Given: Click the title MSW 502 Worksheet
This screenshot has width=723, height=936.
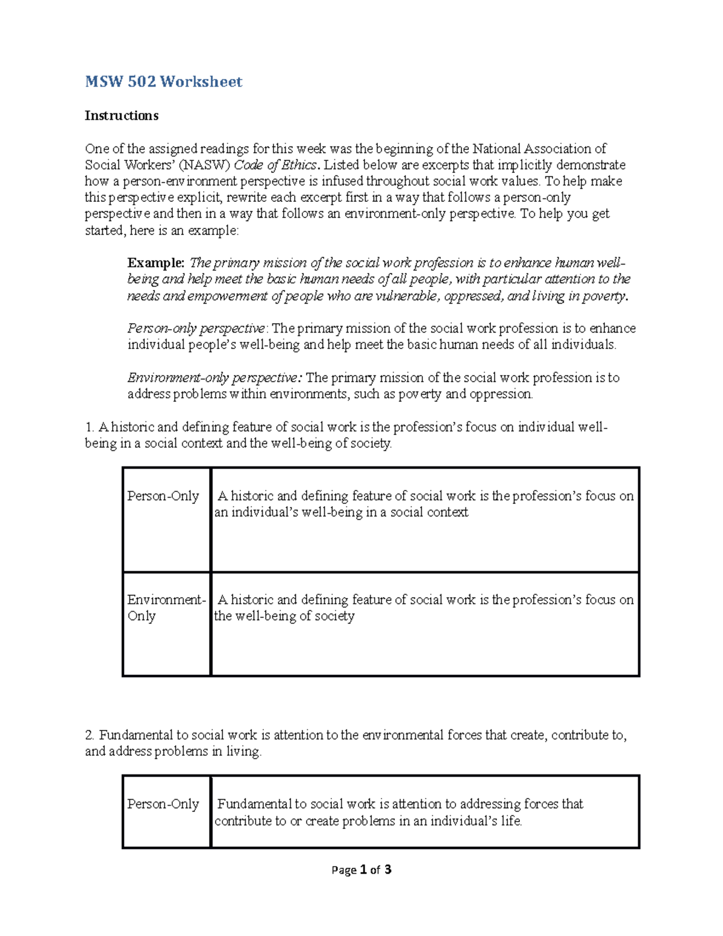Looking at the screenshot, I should coord(163,82).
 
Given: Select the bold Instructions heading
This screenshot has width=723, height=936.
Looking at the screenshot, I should coord(121,116).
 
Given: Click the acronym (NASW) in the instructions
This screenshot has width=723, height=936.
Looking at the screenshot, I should coord(205,165).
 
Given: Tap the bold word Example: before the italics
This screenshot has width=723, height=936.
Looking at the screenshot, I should coord(155,263).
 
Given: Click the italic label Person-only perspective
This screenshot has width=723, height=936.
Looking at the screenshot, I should coord(196,328).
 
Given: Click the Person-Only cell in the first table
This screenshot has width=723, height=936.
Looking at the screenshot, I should coord(163,496).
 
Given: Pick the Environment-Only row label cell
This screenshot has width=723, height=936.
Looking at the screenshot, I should coord(166,608).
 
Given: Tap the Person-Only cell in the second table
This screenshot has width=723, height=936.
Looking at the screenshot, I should coord(163,804).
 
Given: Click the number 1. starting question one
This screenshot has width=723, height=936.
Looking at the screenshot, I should coord(90,427).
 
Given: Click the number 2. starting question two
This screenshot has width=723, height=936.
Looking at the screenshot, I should coord(90,735).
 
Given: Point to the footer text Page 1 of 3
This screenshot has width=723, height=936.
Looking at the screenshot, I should coord(361,870).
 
